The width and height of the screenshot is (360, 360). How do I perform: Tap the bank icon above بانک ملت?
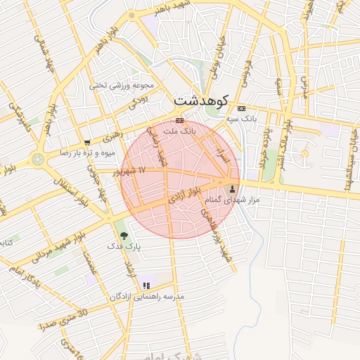(179, 120)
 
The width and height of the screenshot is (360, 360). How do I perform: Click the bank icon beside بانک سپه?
(241, 109)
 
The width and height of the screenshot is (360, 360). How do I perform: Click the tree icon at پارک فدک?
(124, 236)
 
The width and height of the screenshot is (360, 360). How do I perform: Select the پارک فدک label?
(124, 247)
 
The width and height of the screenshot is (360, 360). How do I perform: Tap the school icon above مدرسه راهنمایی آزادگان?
(146, 285)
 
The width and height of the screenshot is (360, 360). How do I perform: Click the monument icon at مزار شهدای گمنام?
(233, 188)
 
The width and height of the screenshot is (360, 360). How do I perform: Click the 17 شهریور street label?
(131, 171)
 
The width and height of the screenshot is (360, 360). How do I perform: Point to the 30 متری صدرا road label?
(63, 319)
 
